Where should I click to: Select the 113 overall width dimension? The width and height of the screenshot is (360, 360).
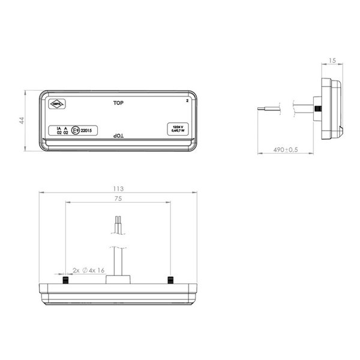pyautogui.click(x=118, y=188)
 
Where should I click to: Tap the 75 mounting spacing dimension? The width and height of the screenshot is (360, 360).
pyautogui.click(x=118, y=199)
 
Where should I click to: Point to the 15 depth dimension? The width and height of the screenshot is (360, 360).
pyautogui.click(x=332, y=61)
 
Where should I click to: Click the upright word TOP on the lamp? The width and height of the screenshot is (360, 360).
pyautogui.click(x=119, y=103)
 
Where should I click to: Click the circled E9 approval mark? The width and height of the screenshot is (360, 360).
pyautogui.click(x=74, y=130)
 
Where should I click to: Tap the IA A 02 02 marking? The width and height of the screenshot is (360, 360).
pyautogui.click(x=61, y=131)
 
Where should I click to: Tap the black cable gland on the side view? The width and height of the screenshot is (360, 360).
pyautogui.click(x=318, y=109)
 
